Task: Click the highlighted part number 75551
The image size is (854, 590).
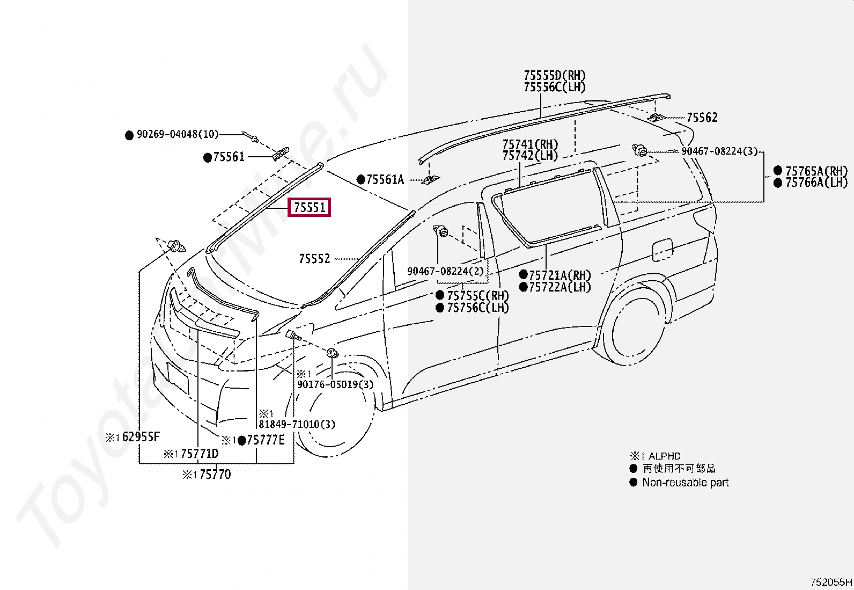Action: pyautogui.click(x=310, y=207)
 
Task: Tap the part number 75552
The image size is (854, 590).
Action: pyautogui.click(x=314, y=259)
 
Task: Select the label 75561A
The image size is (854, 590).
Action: pyautogui.click(x=385, y=180)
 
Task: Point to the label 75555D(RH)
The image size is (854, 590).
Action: pyautogui.click(x=555, y=76)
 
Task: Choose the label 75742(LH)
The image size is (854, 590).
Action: pyautogui.click(x=530, y=156)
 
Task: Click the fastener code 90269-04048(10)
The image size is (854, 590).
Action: pyautogui.click(x=178, y=135)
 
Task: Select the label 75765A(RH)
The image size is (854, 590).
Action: pyautogui.click(x=816, y=171)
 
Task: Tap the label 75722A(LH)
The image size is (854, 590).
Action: pyautogui.click(x=560, y=287)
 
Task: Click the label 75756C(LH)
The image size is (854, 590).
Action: pyautogui.click(x=478, y=308)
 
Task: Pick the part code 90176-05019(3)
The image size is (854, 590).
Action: pyautogui.click(x=335, y=384)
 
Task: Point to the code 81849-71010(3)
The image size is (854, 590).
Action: pyautogui.click(x=297, y=424)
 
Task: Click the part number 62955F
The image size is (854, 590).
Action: pyautogui.click(x=141, y=437)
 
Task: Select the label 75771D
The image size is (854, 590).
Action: pyautogui.click(x=200, y=454)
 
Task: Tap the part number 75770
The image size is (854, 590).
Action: pyautogui.click(x=215, y=475)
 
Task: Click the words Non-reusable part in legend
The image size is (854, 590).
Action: pyautogui.click(x=685, y=483)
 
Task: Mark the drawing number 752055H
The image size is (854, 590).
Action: pyautogui.click(x=830, y=582)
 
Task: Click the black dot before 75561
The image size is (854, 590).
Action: pyautogui.click(x=208, y=157)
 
